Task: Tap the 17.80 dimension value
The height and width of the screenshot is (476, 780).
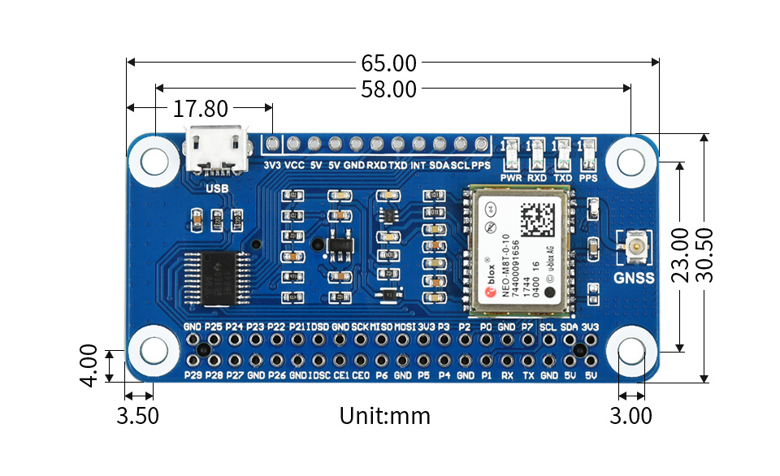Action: click(201, 109)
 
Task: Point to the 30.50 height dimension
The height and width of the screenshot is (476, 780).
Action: click(705, 254)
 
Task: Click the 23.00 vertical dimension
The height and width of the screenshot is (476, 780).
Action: click(680, 255)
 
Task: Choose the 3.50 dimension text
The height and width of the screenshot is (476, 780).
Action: click(137, 416)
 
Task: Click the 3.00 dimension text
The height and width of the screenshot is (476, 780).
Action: click(630, 416)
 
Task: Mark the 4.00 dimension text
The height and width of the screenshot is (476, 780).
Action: click(89, 366)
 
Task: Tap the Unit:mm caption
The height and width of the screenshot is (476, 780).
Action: click(384, 416)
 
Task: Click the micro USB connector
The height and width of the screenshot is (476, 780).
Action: click(217, 150)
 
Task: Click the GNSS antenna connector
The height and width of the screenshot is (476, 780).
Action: click(636, 247)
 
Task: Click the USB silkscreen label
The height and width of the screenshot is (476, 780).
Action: click(216, 188)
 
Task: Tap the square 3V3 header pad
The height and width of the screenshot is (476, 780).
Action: click(272, 145)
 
